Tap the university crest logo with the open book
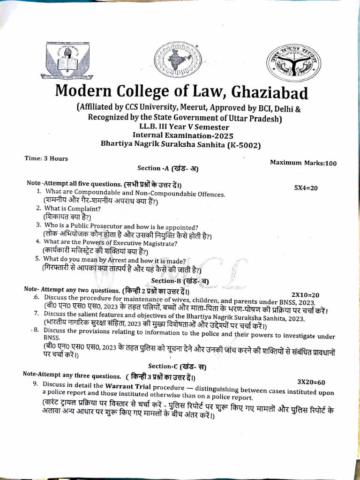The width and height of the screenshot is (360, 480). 69,60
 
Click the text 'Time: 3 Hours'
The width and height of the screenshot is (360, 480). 46,158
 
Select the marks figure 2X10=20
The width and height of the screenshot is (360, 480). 305,295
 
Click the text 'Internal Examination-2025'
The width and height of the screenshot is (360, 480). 174,135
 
